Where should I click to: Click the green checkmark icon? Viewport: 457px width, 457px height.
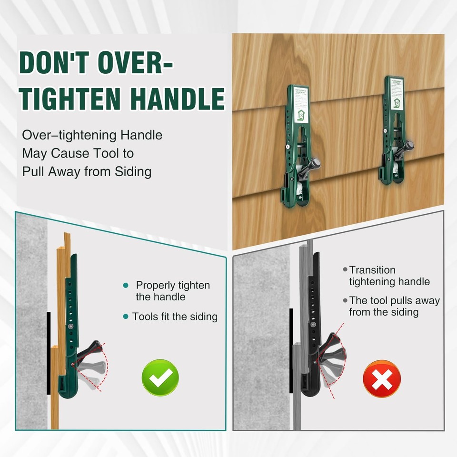point(160,378)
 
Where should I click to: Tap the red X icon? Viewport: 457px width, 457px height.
point(382,379)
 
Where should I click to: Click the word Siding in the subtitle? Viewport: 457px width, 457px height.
point(133,171)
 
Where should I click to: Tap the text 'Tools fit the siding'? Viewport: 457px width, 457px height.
point(175,317)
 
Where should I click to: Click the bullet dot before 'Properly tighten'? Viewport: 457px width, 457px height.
point(126,285)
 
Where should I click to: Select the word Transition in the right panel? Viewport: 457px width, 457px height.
point(372,270)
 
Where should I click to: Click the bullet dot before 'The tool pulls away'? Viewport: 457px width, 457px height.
point(345,301)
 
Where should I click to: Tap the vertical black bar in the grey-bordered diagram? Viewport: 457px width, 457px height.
point(291,350)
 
